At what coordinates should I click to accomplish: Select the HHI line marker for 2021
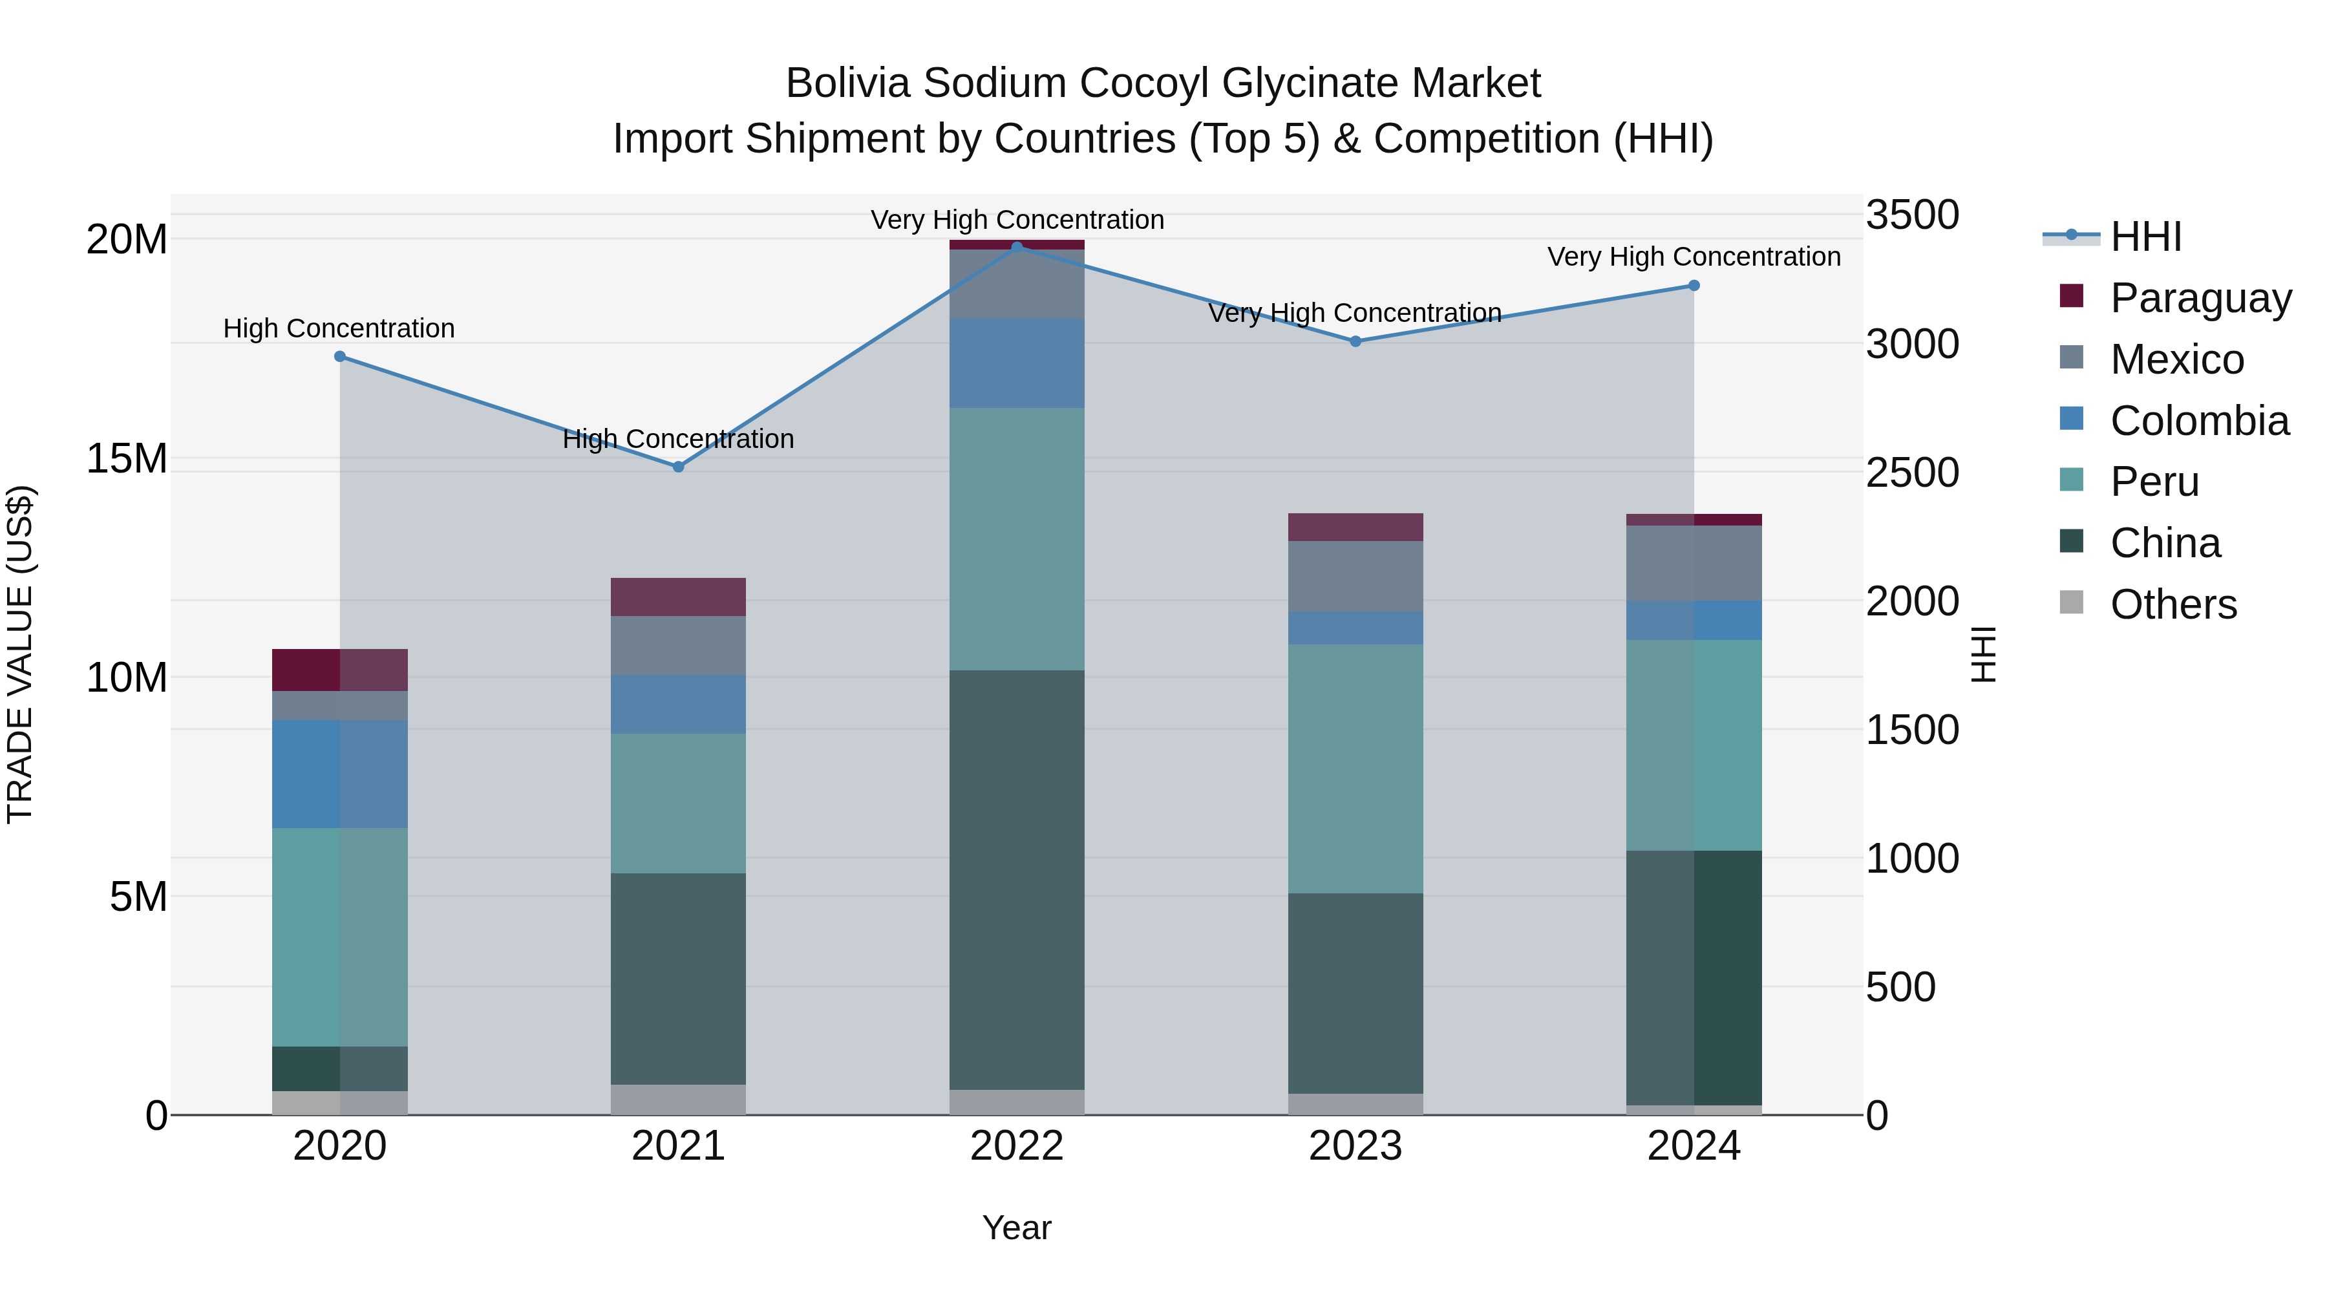pyautogui.click(x=679, y=467)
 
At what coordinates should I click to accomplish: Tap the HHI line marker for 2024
pyautogui.click(x=1694, y=286)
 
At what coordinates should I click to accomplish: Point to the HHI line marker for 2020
pyautogui.click(x=339, y=357)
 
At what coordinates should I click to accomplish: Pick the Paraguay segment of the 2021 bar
pyautogui.click(x=679, y=597)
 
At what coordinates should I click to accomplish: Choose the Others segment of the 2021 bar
pyautogui.click(x=679, y=1100)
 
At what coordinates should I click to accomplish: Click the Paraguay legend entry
pyautogui.click(x=2200, y=298)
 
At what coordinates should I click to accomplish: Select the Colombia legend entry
pyautogui.click(x=2199, y=421)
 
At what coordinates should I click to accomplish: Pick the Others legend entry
pyautogui.click(x=2173, y=604)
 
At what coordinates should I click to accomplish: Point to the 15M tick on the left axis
pyautogui.click(x=127, y=459)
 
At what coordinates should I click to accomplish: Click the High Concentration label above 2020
pyautogui.click(x=339, y=329)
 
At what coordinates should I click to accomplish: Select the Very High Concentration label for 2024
pyautogui.click(x=1694, y=257)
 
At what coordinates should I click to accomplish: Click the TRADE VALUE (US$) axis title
pyautogui.click(x=20, y=654)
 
